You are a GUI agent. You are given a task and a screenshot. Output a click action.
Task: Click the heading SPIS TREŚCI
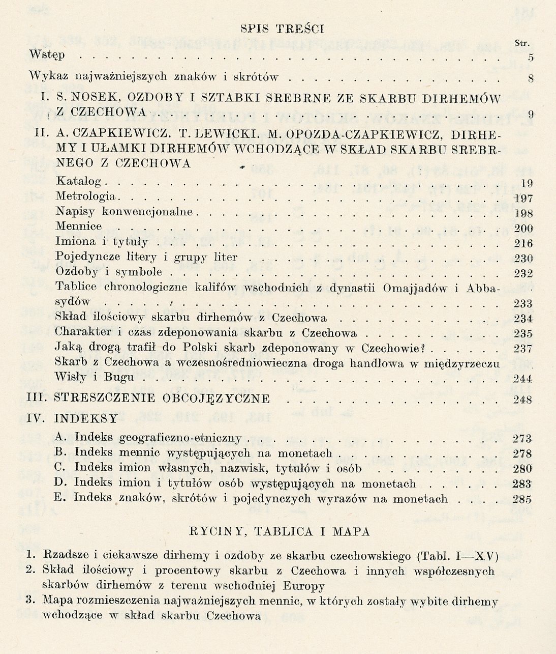click(282, 29)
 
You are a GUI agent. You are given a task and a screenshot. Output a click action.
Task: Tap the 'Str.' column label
click(522, 44)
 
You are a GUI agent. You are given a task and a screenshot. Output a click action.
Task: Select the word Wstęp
click(47, 55)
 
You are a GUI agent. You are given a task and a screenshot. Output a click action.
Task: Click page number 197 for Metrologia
click(523, 198)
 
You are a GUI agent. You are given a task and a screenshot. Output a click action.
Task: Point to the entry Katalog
click(79, 181)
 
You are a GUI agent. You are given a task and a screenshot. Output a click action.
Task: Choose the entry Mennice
click(79, 226)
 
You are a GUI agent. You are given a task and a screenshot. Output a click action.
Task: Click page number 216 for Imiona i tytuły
click(523, 243)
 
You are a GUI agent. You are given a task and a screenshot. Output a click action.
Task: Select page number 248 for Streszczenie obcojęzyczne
click(522, 400)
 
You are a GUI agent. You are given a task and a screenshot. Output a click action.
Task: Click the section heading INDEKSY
click(86, 419)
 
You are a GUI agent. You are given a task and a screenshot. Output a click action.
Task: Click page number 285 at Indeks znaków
click(522, 499)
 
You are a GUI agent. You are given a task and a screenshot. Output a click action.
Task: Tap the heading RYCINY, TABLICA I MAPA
click(279, 532)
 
